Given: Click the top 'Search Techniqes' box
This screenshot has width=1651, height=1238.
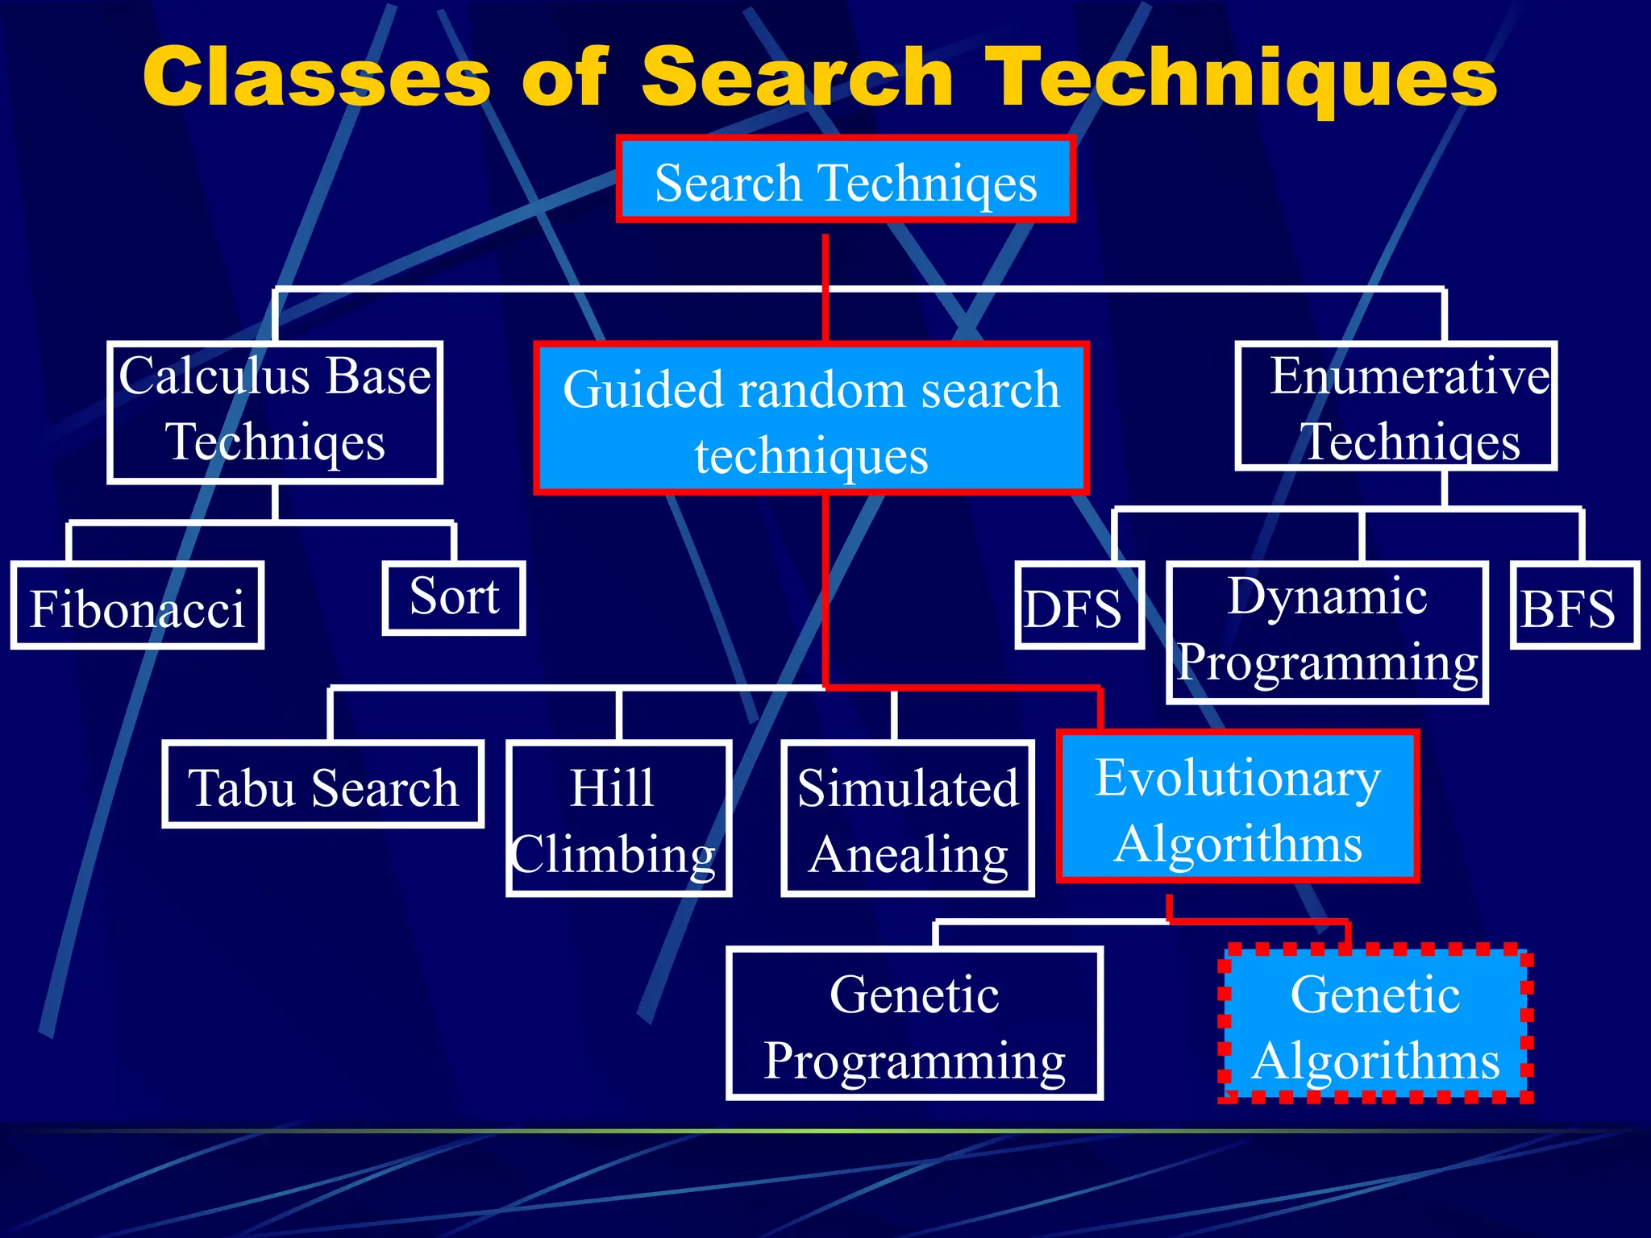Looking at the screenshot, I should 846,179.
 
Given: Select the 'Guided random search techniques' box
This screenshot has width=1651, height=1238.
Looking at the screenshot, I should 811,418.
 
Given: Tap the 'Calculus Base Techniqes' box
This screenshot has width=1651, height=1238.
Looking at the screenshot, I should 275,412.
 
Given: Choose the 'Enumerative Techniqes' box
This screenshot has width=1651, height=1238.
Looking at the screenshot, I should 1396,406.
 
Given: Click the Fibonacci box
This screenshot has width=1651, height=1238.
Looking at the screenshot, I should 137,606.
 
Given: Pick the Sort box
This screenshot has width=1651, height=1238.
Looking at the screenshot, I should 454,598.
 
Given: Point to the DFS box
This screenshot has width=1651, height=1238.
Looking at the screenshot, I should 1079,606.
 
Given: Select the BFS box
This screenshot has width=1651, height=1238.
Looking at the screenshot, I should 1574,606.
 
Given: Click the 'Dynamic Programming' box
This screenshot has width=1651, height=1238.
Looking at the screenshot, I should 1327,632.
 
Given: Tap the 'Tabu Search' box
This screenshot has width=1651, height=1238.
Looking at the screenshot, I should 322,785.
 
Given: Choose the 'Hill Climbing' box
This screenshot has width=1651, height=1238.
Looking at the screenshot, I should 618,818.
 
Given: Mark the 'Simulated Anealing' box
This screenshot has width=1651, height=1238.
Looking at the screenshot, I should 908,818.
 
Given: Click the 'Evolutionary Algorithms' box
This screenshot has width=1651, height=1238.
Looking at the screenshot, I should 1237,807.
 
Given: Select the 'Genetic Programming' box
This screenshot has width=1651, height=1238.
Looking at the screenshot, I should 914,1024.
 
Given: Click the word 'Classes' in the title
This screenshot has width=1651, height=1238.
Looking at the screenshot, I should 316,77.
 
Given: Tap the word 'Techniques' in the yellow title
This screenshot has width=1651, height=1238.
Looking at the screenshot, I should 1241,77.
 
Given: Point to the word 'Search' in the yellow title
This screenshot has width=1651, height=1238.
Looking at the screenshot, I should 796,77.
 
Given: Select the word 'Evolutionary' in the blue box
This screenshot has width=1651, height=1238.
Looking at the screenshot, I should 1237,778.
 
